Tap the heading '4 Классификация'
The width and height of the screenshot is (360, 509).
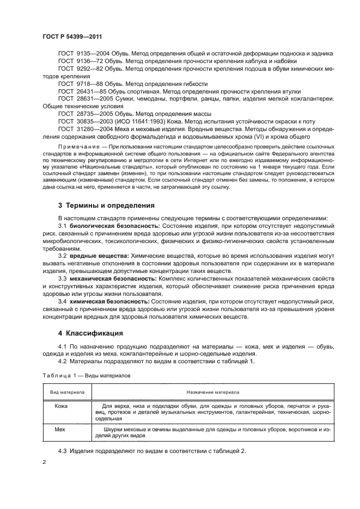[87, 332]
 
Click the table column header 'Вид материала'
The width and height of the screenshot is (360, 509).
[67, 392]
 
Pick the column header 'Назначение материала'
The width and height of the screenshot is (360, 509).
[209, 392]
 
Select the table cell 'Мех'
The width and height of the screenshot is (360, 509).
[60, 429]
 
